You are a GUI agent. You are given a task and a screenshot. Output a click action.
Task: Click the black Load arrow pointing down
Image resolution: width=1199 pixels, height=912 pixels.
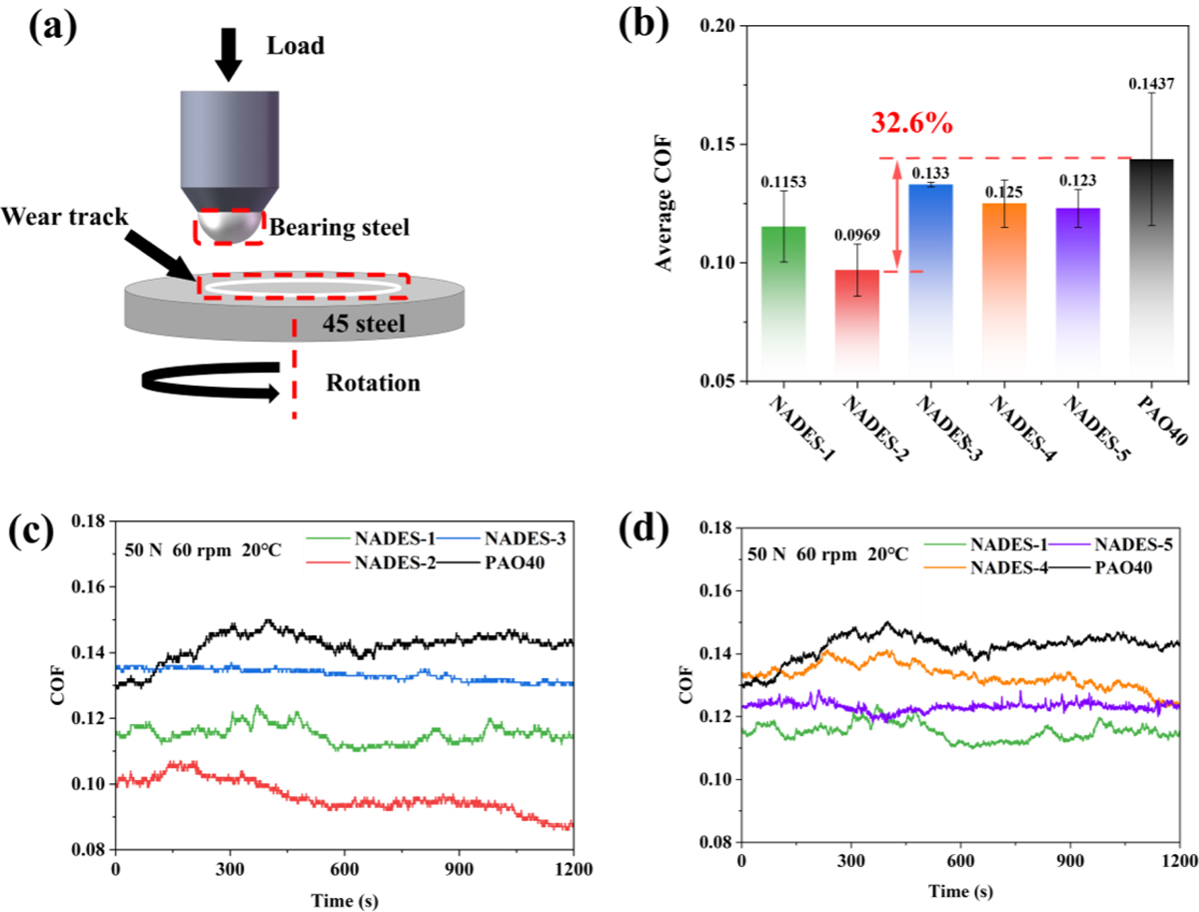tap(229, 56)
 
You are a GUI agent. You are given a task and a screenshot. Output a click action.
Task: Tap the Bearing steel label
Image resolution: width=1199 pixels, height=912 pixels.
tap(341, 228)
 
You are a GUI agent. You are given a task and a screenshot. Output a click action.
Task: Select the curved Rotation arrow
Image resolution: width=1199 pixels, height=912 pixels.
tap(210, 382)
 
